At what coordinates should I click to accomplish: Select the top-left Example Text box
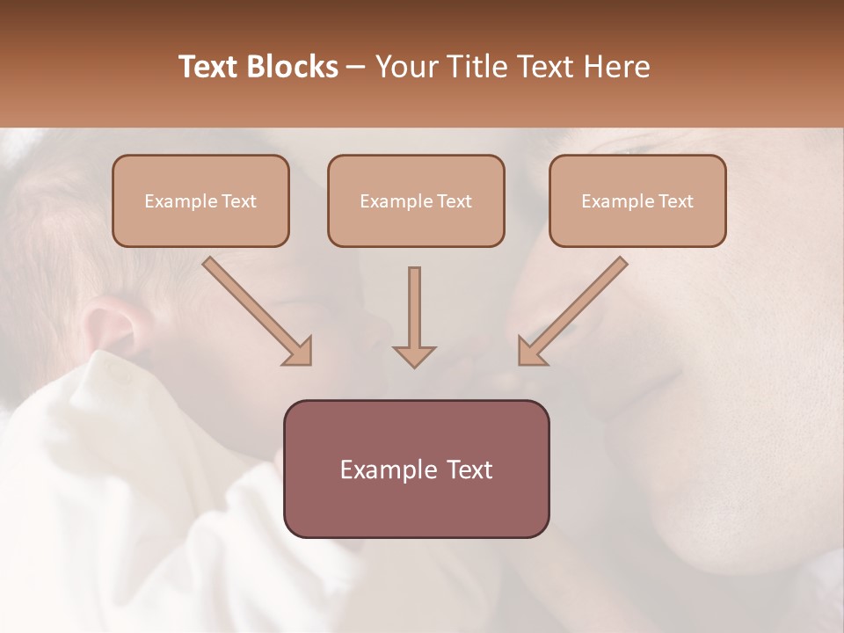(x=200, y=200)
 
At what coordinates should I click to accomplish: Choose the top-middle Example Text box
(x=416, y=200)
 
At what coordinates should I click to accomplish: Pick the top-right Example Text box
(x=637, y=200)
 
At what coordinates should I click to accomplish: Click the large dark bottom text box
(x=416, y=469)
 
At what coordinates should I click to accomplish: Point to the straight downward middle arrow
(x=414, y=308)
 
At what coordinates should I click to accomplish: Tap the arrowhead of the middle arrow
(x=414, y=355)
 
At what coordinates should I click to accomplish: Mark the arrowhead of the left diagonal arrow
(x=299, y=351)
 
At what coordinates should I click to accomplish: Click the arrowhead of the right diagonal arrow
(x=530, y=351)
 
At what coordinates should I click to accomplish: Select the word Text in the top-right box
(x=676, y=201)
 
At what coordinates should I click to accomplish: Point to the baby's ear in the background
(x=110, y=325)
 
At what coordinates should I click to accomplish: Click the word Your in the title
(x=403, y=67)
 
